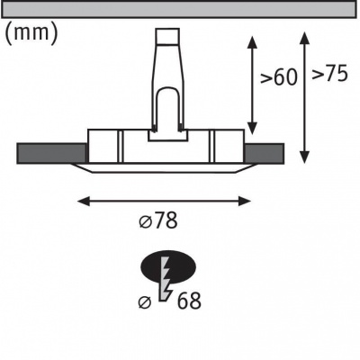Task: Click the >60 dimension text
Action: pos(278,77)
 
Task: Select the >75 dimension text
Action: pos(329,73)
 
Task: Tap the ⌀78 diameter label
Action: pos(159,220)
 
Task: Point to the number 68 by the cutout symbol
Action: pos(189,301)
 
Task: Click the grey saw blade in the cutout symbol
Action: pos(166,280)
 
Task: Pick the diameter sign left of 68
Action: pos(145,302)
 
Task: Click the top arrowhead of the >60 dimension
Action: pos(253,41)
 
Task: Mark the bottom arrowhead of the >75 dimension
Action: pos(305,157)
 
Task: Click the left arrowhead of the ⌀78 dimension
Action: pos(84,201)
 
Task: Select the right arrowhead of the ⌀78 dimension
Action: pos(245,201)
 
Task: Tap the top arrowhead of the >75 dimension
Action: pos(305,38)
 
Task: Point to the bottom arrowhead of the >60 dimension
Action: pos(253,128)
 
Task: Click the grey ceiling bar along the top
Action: pos(179,10)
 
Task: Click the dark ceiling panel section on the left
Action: pos(52,154)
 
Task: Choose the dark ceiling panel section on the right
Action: pos(265,154)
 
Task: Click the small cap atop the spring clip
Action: pos(167,36)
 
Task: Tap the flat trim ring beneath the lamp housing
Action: pos(163,168)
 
